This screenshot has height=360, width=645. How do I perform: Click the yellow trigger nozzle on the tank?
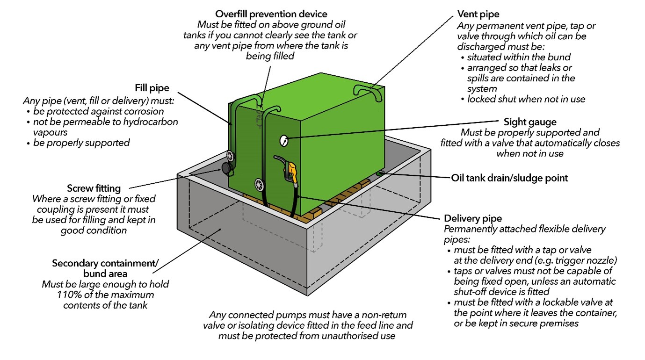[292, 171]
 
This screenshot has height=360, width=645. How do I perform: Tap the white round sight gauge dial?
[283, 139]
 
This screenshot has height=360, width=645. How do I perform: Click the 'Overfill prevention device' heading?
[271, 14]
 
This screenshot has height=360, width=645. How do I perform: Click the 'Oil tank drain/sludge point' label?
[509, 178]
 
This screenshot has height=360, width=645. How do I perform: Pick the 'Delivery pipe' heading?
[472, 218]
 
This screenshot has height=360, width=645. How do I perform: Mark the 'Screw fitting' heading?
[94, 188]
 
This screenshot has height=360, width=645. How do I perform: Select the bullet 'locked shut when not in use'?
[526, 99]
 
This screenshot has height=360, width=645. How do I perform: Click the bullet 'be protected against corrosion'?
[98, 111]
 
